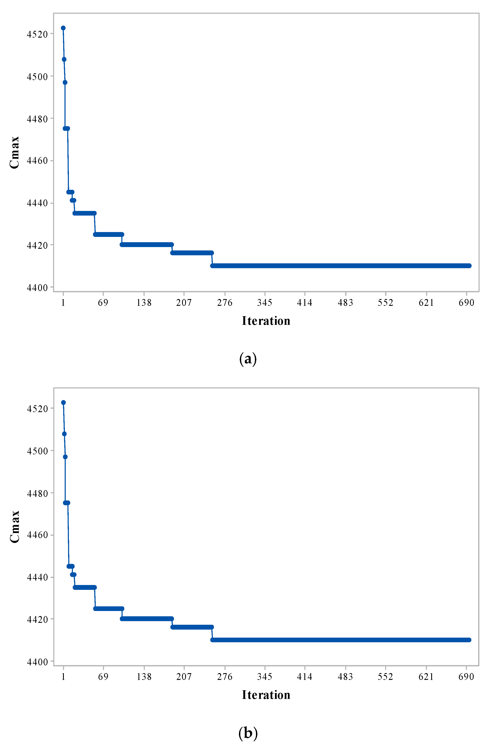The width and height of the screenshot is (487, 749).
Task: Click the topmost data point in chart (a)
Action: click(63, 28)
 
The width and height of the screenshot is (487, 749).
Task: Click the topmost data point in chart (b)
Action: click(63, 403)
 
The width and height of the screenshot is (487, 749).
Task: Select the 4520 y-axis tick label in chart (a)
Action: click(37, 34)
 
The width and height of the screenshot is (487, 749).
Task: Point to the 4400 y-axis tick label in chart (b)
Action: click(37, 662)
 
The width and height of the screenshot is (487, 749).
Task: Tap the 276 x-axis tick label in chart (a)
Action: click(224, 303)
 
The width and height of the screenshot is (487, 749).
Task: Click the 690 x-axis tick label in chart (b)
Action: click(466, 677)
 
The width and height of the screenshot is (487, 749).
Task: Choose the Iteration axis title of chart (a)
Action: click(266, 321)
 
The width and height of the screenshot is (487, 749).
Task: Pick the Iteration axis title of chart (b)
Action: click(266, 695)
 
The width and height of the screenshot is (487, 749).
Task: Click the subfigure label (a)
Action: click(248, 359)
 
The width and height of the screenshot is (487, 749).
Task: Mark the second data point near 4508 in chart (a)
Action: click(64, 59)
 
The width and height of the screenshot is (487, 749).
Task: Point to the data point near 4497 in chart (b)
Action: click(65, 457)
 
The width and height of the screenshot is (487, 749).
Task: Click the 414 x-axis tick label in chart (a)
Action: click(304, 303)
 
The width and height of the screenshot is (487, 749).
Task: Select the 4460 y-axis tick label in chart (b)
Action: click(37, 535)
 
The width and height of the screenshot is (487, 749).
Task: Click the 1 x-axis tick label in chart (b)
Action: click(63, 677)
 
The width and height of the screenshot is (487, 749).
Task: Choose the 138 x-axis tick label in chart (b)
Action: click(144, 677)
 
